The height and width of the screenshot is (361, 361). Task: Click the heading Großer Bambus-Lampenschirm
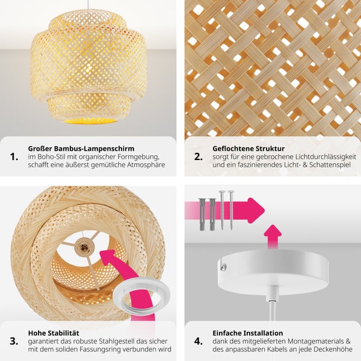81,149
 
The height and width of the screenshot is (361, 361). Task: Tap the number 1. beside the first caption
14,157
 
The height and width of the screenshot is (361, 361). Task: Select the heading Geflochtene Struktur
248,149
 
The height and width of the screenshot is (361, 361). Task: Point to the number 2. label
199,157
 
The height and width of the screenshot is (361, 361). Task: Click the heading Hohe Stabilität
54,333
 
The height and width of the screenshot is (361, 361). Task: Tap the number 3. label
14,341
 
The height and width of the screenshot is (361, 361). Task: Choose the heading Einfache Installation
248,333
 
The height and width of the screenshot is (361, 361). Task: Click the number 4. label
199,341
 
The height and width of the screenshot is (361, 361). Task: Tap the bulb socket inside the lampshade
84,248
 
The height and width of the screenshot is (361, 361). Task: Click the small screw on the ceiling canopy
223,267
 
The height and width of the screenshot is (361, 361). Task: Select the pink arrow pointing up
273,236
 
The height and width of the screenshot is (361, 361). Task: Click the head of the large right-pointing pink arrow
255,211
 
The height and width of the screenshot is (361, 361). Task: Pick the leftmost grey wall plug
202,214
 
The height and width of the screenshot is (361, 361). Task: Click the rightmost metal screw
231,210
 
